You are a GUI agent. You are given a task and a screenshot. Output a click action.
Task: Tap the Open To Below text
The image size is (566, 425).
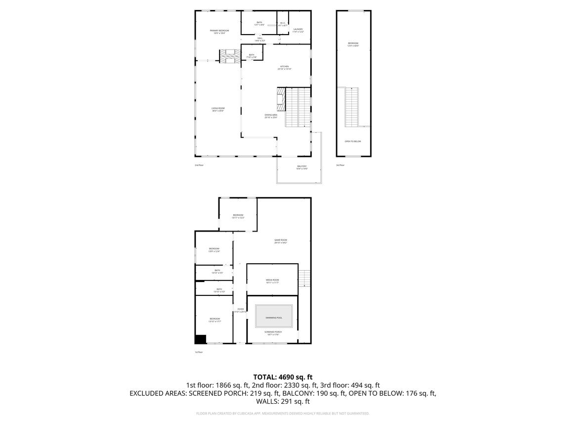point(353,142)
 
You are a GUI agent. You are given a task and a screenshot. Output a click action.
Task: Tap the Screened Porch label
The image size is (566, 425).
point(272,333)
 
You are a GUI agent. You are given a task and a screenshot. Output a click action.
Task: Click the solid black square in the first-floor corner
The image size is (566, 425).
point(200,339)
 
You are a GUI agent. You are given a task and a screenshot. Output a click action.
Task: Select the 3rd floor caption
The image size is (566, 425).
point(340,165)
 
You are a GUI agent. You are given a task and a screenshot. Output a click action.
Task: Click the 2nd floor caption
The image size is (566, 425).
point(199,165)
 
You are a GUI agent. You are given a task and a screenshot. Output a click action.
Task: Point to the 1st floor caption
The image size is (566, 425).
point(199,352)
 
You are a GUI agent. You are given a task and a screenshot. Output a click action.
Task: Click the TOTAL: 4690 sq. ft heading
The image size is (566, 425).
point(283,377)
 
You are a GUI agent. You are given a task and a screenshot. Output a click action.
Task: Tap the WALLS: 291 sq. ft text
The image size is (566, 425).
point(283,402)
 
